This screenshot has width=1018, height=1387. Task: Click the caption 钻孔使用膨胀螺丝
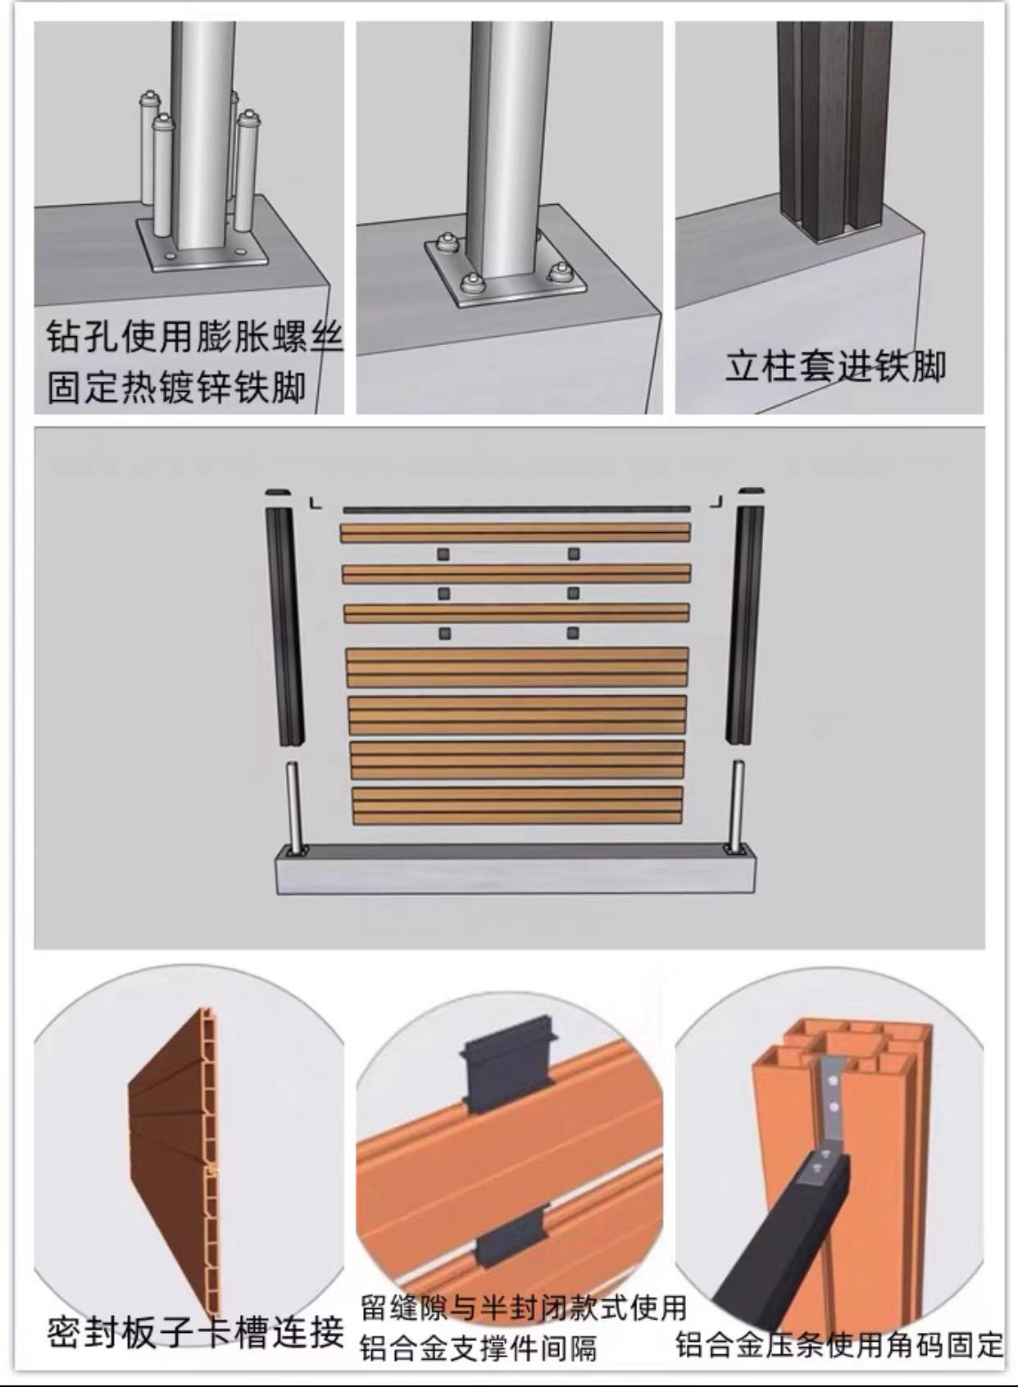194,339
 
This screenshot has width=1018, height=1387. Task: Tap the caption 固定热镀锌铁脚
176,389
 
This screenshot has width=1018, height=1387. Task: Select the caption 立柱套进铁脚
835,367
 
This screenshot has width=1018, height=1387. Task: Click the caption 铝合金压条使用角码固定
838,1344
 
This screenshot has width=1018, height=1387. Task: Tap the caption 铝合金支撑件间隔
478,1347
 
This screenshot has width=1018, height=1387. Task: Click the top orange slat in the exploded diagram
516,533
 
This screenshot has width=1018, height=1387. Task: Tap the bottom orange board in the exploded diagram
517,805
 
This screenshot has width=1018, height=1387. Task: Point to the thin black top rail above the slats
516,510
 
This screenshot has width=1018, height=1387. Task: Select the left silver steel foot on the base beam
293,808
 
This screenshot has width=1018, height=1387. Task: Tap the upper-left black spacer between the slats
444,553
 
